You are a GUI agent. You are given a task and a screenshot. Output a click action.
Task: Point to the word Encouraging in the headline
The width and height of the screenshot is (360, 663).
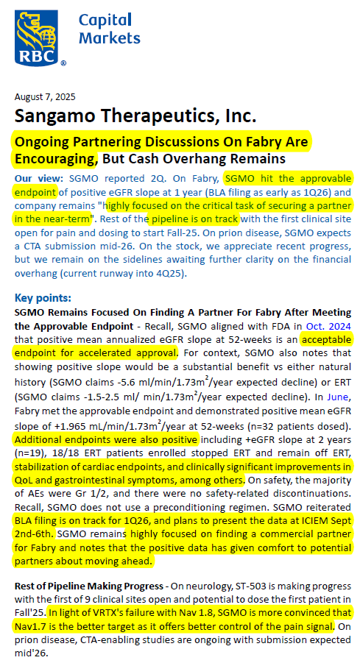coord(56,158)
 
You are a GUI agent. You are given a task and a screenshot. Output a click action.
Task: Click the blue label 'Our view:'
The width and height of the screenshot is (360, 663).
coord(39,177)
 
